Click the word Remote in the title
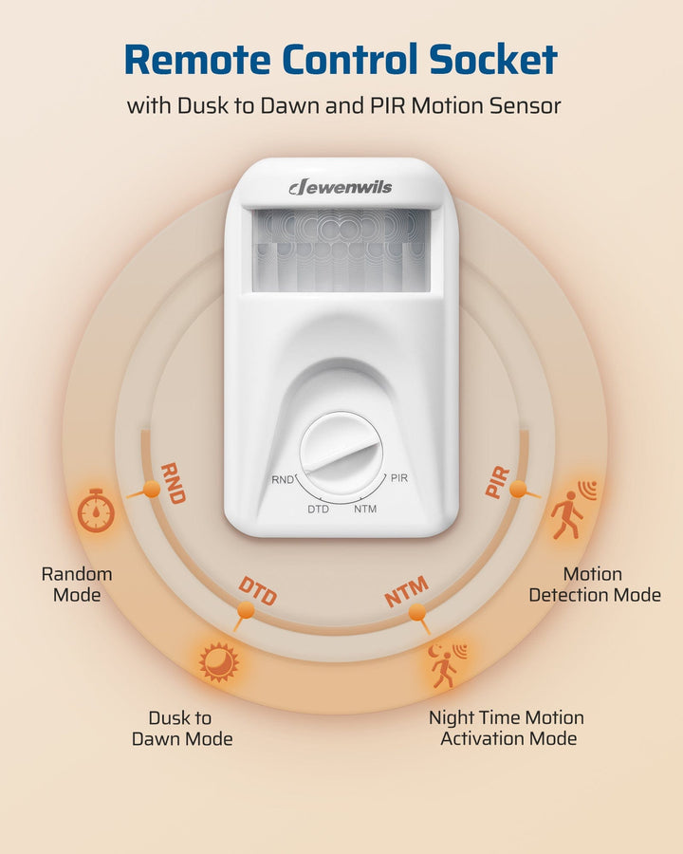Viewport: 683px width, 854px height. pyautogui.click(x=200, y=60)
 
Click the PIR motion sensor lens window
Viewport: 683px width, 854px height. pyautogui.click(x=341, y=250)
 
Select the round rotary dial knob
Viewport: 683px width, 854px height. pyautogui.click(x=341, y=454)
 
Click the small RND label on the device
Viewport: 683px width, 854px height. pyautogui.click(x=283, y=479)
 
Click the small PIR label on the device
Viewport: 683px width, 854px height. pyautogui.click(x=399, y=478)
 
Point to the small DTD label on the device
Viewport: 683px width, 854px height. pyautogui.click(x=318, y=510)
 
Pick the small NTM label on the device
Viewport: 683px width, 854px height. pyautogui.click(x=365, y=510)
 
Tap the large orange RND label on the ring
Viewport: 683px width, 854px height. pyautogui.click(x=173, y=482)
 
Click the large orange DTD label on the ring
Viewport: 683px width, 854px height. pyautogui.click(x=257, y=590)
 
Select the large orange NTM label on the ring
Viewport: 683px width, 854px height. pyautogui.click(x=406, y=591)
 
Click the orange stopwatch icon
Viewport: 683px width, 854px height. pyautogui.click(x=96, y=511)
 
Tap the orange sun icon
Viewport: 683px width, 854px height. pyautogui.click(x=219, y=661)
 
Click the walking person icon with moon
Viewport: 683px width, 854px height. pyautogui.click(x=446, y=665)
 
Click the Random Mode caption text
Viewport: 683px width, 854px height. pyautogui.click(x=77, y=585)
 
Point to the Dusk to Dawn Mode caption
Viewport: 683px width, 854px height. pyautogui.click(x=181, y=728)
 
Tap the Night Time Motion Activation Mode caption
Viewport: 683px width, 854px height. pyautogui.click(x=507, y=728)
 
